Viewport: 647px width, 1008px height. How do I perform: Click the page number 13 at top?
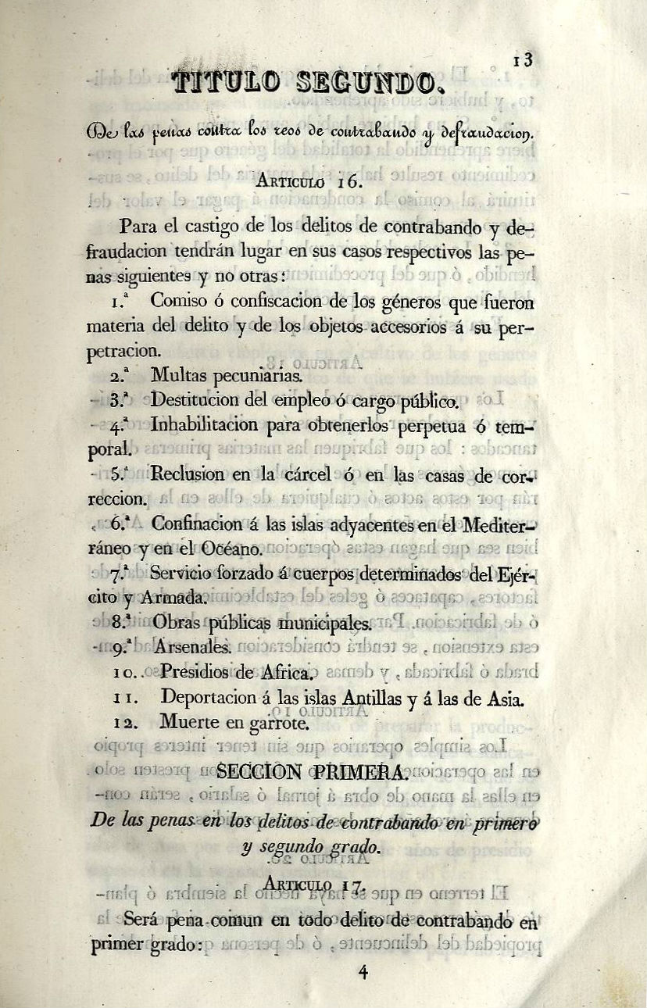pos(524,60)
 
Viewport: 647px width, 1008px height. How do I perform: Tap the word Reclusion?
pos(188,474)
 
